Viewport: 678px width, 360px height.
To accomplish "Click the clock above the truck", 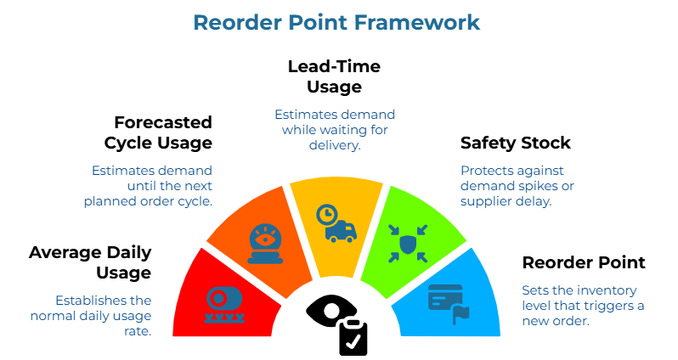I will pyautogui.click(x=326, y=214).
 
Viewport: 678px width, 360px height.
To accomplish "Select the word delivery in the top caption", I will pyautogui.click(x=335, y=145).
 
